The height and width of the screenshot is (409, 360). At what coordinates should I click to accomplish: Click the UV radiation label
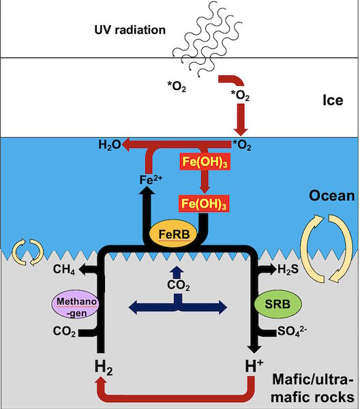[x=130, y=30]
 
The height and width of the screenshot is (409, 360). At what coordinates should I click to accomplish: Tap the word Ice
[x=333, y=100]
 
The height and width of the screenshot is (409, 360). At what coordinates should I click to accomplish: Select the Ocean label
[x=332, y=196]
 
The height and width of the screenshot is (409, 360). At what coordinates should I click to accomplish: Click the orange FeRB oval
[x=173, y=233]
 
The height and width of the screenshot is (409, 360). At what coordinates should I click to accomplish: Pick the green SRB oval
[x=277, y=304]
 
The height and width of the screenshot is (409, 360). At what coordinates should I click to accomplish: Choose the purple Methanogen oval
[x=76, y=304]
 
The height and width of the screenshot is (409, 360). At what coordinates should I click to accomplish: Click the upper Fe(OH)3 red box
[x=205, y=162]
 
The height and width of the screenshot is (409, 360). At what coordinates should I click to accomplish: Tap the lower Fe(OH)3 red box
[x=204, y=203]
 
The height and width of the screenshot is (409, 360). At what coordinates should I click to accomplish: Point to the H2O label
[x=110, y=145]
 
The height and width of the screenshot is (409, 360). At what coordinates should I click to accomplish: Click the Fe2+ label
[x=151, y=179]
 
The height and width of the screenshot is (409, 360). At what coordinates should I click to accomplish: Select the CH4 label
[x=64, y=269]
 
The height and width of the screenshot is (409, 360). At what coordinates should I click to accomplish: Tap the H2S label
[x=288, y=269]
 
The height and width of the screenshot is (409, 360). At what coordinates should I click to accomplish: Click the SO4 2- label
[x=292, y=331]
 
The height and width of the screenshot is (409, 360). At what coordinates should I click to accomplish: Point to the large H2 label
[x=104, y=367]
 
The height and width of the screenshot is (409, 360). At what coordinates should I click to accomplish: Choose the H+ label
[x=254, y=365]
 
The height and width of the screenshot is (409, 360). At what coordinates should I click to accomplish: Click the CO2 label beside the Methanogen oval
[x=64, y=331]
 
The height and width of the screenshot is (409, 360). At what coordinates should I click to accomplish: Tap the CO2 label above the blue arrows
[x=179, y=285]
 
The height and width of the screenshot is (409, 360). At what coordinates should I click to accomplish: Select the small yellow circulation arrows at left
[x=28, y=252]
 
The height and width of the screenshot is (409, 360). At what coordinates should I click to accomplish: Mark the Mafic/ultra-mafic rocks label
[x=313, y=388]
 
